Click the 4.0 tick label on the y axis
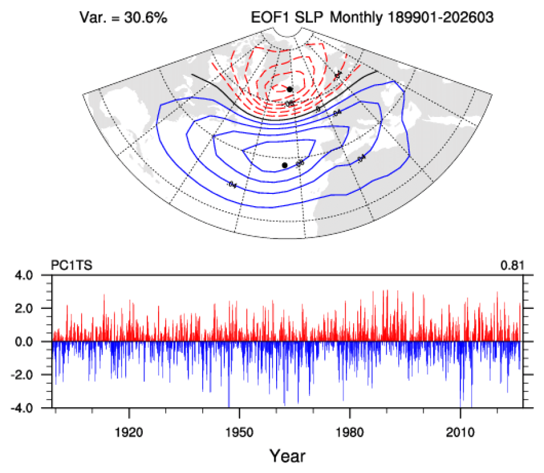pos(36,276)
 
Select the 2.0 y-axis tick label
pos(36,308)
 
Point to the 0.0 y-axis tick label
pos(36,341)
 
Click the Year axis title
pos(287,455)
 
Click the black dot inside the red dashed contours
pos(290,89)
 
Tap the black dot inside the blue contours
pos(285,165)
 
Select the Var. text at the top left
pos(92,18)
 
